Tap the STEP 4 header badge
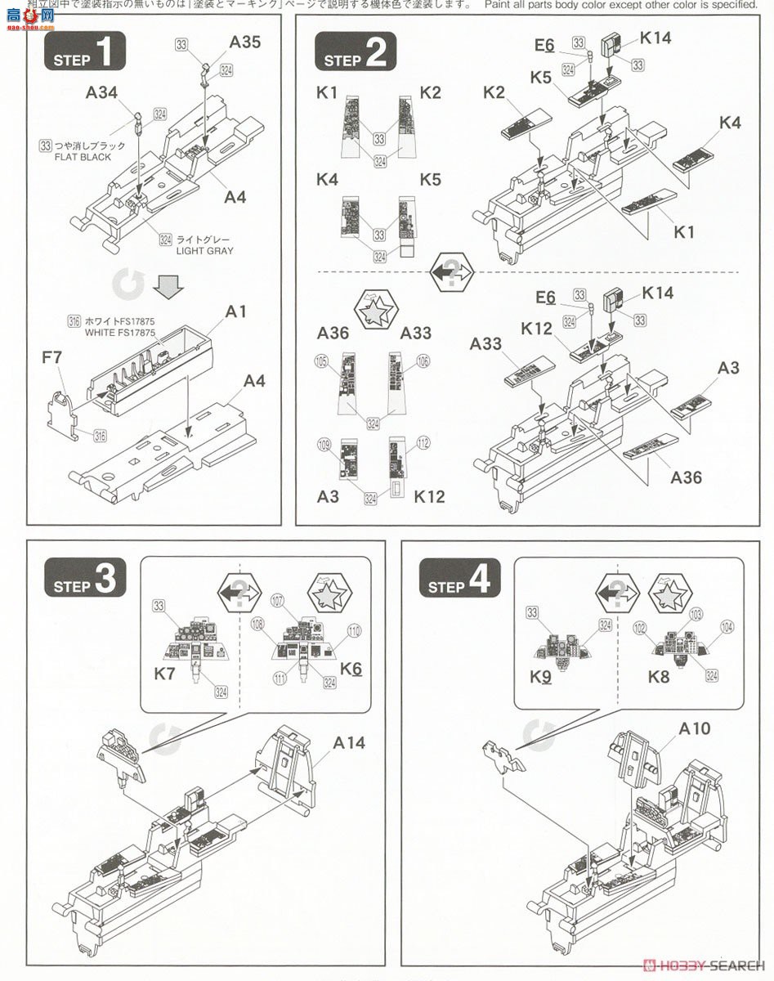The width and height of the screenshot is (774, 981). click(x=459, y=580)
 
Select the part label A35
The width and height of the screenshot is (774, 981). click(x=244, y=43)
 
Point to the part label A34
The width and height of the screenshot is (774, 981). click(x=101, y=92)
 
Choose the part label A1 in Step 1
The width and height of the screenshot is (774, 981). click(x=236, y=311)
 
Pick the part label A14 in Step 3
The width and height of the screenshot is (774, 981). click(x=348, y=742)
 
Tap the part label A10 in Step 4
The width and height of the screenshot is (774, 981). click(x=670, y=728)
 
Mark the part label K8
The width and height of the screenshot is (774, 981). click(x=658, y=676)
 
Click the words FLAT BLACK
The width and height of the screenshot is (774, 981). click(x=83, y=157)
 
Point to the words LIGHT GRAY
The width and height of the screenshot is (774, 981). click(x=204, y=251)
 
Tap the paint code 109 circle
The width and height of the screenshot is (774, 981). click(x=324, y=445)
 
